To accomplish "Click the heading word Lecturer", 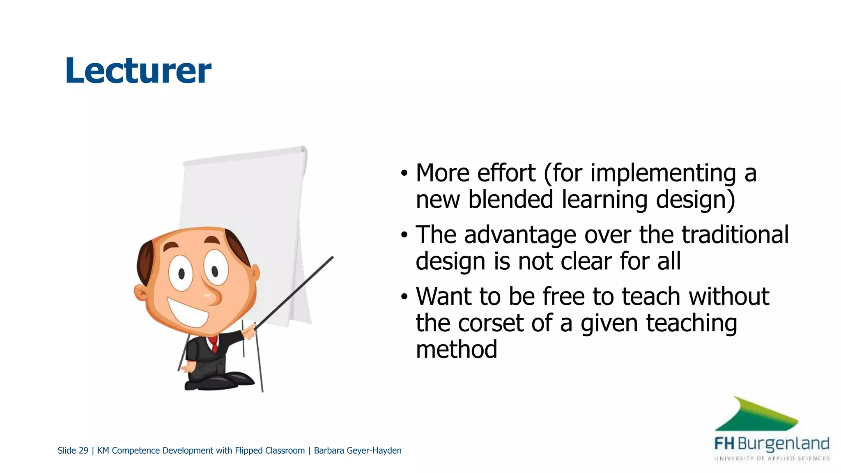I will (x=138, y=71).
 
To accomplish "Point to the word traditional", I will (x=735, y=234).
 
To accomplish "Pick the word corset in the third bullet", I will (x=490, y=323).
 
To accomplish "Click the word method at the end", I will (x=456, y=349).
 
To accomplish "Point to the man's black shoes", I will (x=222, y=381).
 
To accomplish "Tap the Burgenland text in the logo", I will (x=783, y=444).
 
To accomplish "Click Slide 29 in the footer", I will (x=73, y=450).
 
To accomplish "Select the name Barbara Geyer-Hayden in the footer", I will (x=357, y=450).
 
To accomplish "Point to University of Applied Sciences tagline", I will (x=772, y=458).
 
